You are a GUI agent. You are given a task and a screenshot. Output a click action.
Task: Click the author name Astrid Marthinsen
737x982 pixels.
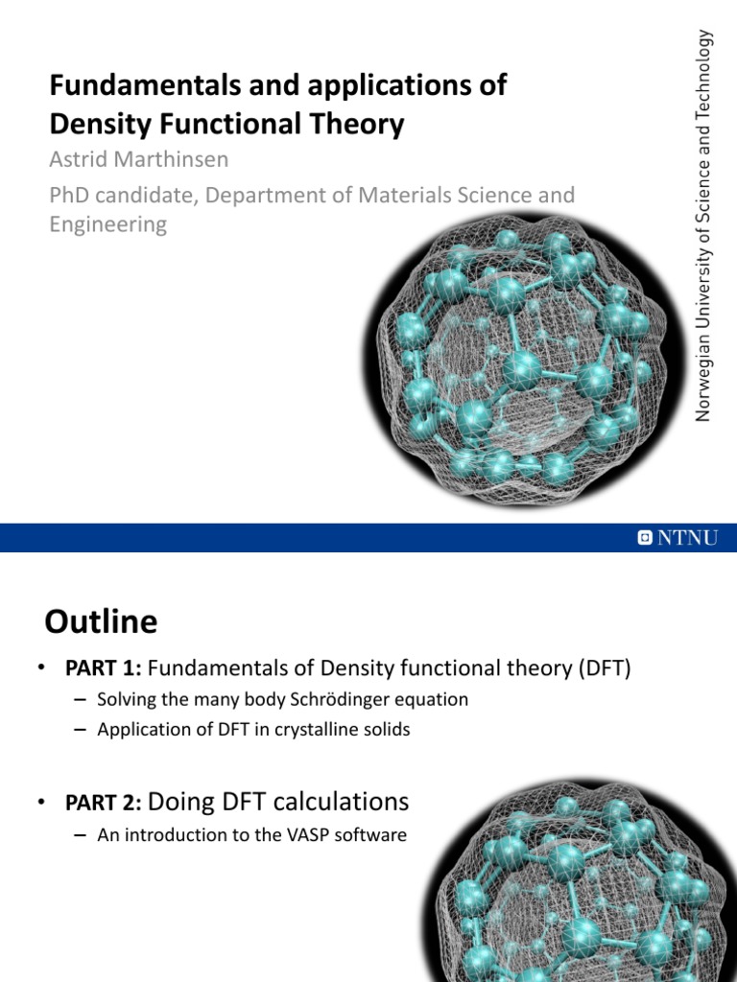[138, 159]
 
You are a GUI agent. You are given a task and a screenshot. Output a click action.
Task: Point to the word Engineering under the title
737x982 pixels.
[107, 224]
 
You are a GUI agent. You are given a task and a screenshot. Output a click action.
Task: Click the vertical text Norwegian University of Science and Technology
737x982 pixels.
[705, 225]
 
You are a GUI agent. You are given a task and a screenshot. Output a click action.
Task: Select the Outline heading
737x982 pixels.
[101, 622]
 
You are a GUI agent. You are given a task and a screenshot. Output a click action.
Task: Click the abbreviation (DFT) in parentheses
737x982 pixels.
[606, 668]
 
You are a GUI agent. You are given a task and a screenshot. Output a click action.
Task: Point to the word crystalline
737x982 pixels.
[317, 730]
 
